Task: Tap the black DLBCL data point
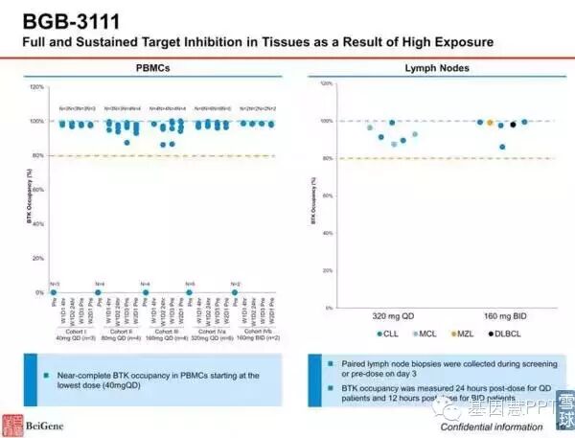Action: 513,124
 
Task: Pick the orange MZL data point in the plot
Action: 490,123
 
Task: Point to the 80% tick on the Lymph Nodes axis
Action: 326,158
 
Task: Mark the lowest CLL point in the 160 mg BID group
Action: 502,147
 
